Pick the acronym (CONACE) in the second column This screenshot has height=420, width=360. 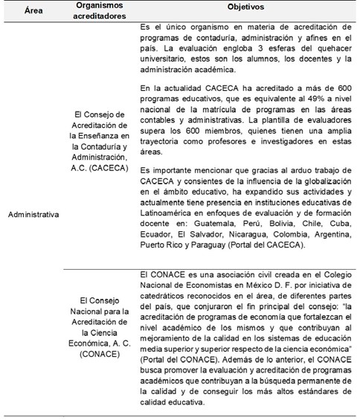(94, 355)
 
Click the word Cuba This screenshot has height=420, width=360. (337, 222)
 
